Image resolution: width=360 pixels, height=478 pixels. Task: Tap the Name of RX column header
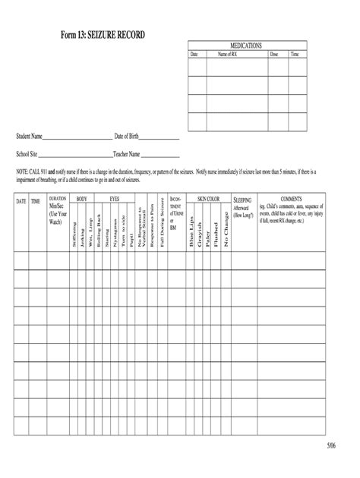pos(228,55)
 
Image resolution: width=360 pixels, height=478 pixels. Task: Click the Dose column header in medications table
pos(274,55)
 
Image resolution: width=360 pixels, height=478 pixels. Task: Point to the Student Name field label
pos(30,137)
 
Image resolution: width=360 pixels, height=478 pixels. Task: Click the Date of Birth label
pos(126,137)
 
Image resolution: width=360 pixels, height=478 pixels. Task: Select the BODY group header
pos(81,199)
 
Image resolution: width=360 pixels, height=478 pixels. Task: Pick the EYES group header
pos(115,199)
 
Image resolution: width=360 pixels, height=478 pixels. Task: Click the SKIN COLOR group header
pos(208,199)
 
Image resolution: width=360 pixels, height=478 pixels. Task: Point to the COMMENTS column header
pos(291,199)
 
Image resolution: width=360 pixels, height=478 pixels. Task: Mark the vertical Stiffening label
pos(74,234)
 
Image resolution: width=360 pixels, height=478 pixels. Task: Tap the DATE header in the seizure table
pos(21,201)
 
